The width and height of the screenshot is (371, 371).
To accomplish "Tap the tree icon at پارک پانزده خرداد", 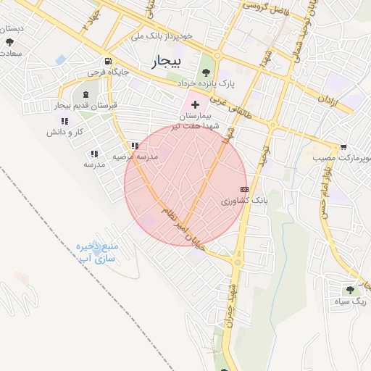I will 207,72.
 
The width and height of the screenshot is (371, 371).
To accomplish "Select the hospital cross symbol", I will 195,105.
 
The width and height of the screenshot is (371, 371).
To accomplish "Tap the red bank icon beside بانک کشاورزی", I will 243,188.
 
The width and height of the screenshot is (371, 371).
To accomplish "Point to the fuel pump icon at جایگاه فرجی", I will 108,62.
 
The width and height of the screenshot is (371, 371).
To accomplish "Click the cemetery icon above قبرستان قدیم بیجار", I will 86,95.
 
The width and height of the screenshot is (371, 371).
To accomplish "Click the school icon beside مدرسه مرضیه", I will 135,146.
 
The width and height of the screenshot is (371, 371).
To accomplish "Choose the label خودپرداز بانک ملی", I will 162,35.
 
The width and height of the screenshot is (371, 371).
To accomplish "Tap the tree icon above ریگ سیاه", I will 353,288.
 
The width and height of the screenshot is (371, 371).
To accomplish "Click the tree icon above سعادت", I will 9,43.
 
